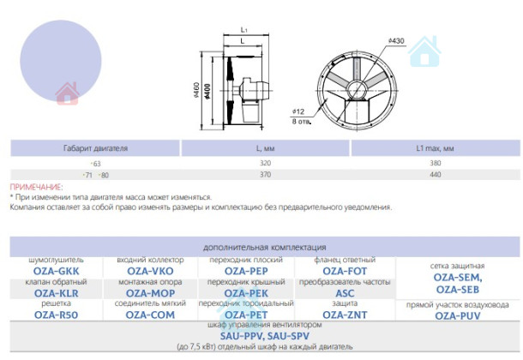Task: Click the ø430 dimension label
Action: pos(396,41)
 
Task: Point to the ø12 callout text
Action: pos(298,111)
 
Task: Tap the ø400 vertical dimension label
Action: pos(207,92)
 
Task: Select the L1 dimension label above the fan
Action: pos(244,30)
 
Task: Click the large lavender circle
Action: pos(61,61)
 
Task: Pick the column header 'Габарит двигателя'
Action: pos(95,148)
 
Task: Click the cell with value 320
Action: pos(266,163)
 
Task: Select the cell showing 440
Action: pos(436,174)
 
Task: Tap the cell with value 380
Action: pos(436,163)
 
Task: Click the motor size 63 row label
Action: pos(97,164)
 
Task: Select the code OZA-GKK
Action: pos(56,271)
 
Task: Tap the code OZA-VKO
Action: pos(150,271)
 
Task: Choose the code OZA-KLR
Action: pos(56,293)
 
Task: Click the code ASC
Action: pos(345,293)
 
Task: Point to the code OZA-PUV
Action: pos(458,316)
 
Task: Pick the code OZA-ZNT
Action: pos(345,315)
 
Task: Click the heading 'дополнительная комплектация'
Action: pos(265,248)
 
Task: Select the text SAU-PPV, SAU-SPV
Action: pos(265,336)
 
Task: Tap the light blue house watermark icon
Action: pos(424,51)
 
